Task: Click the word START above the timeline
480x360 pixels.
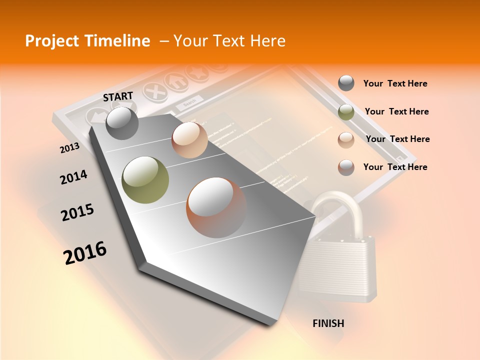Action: click(118, 96)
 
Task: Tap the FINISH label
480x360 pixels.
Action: click(328, 323)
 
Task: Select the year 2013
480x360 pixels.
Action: click(69, 148)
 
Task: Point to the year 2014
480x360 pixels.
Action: click(73, 177)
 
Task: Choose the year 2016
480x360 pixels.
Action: click(85, 252)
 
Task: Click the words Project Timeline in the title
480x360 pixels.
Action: click(87, 41)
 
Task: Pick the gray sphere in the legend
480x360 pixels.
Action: click(346, 83)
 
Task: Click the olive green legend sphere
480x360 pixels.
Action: click(346, 112)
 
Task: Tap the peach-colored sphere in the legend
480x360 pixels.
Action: click(346, 139)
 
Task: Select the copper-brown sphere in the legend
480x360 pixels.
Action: click(346, 167)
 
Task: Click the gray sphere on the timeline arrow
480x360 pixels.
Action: click(122, 123)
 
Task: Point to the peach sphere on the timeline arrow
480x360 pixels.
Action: click(189, 139)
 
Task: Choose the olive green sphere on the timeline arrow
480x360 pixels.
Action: click(145, 180)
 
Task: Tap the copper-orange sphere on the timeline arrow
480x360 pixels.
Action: click(216, 207)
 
